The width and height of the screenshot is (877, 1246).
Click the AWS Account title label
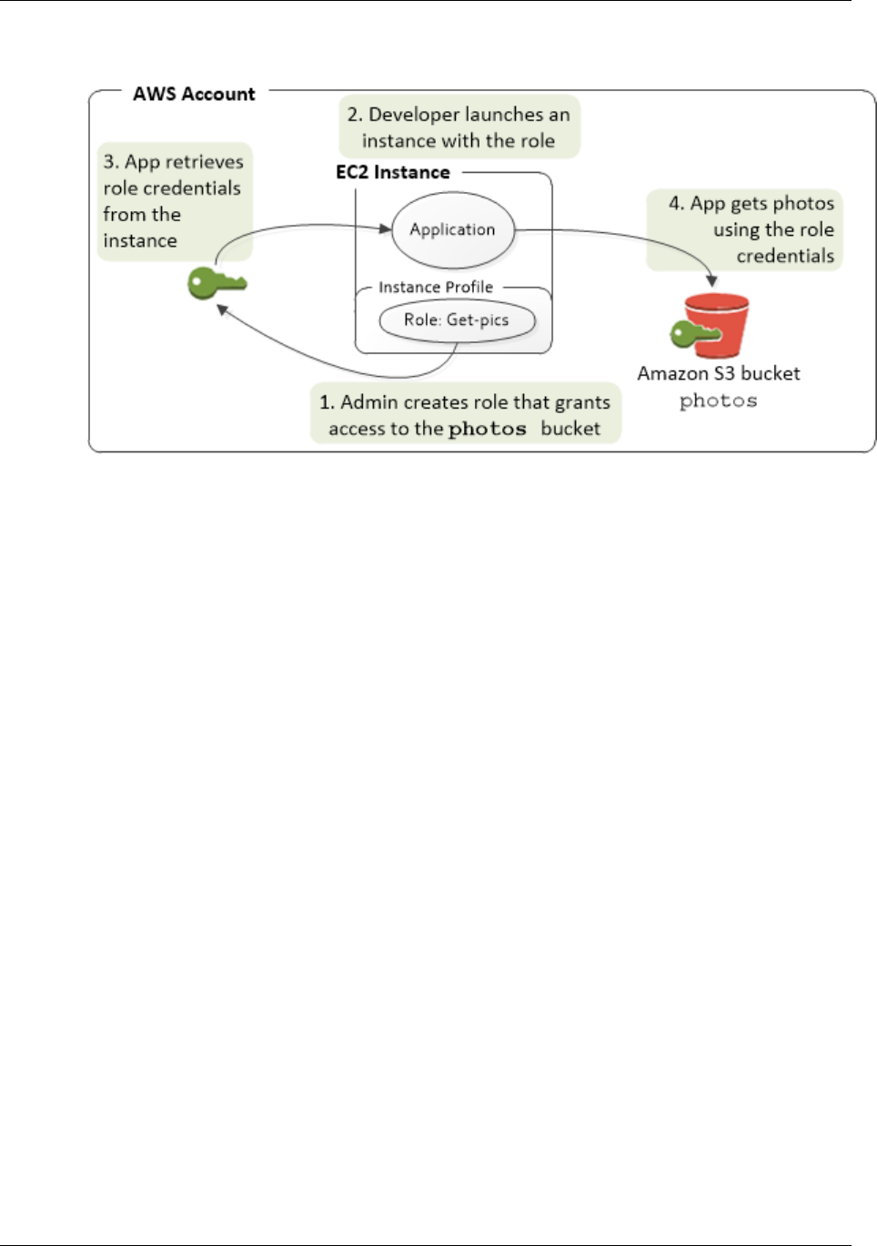tap(194, 94)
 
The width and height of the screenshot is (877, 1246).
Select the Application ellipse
tap(452, 229)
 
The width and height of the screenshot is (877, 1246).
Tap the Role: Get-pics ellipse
tap(456, 320)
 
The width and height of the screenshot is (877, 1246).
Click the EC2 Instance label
tap(393, 172)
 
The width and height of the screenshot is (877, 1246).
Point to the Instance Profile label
tap(435, 287)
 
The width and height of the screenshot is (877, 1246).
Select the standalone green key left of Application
tap(216, 283)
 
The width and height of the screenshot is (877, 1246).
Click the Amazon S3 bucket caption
tap(718, 373)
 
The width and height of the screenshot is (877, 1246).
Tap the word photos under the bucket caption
tap(718, 400)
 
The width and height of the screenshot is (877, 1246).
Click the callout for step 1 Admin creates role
tap(465, 414)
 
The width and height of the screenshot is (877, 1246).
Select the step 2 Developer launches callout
tap(459, 127)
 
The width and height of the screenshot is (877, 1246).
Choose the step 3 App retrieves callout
tap(173, 201)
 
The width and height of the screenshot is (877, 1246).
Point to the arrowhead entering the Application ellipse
tap(386, 228)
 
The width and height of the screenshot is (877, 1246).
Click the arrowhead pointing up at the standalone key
tap(222, 310)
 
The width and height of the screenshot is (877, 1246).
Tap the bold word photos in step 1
tap(487, 429)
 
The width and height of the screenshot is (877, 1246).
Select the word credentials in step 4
tap(785, 256)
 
